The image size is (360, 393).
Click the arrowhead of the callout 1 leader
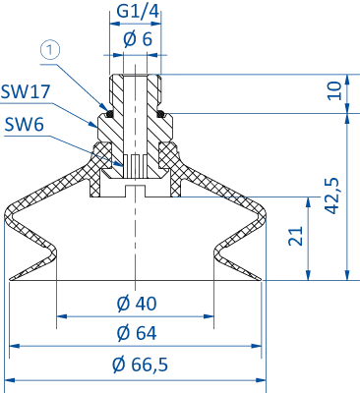coord(110,106)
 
